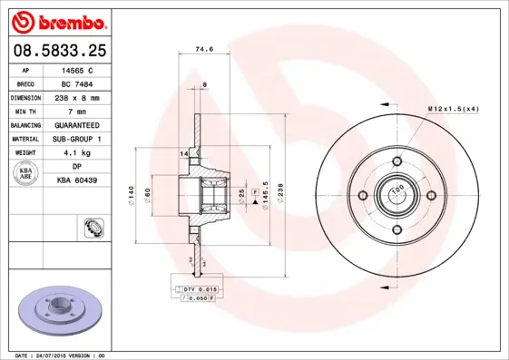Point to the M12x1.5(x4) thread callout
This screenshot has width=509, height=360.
pyautogui.click(x=453, y=109)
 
